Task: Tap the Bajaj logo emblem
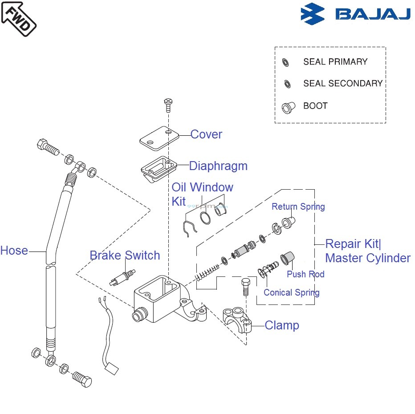pyautogui.click(x=313, y=13)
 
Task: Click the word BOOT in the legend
pyautogui.click(x=315, y=106)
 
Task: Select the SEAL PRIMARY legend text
pyautogui.click(x=335, y=62)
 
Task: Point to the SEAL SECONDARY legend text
pyautogui.click(x=342, y=83)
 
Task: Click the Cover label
pyautogui.click(x=206, y=134)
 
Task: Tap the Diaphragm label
pyautogui.click(x=218, y=166)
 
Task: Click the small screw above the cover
pyautogui.click(x=168, y=105)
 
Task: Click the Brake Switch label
pyautogui.click(x=125, y=256)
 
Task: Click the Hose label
pyautogui.click(x=14, y=251)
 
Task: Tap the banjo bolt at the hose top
pyautogui.click(x=47, y=147)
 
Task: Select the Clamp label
pyautogui.click(x=282, y=325)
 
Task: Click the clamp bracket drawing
pyautogui.click(x=237, y=319)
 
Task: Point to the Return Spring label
pyautogui.click(x=298, y=207)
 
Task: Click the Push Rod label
pyautogui.click(x=305, y=274)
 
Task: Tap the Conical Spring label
pyautogui.click(x=291, y=292)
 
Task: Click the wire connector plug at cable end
pyautogui.click(x=111, y=368)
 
